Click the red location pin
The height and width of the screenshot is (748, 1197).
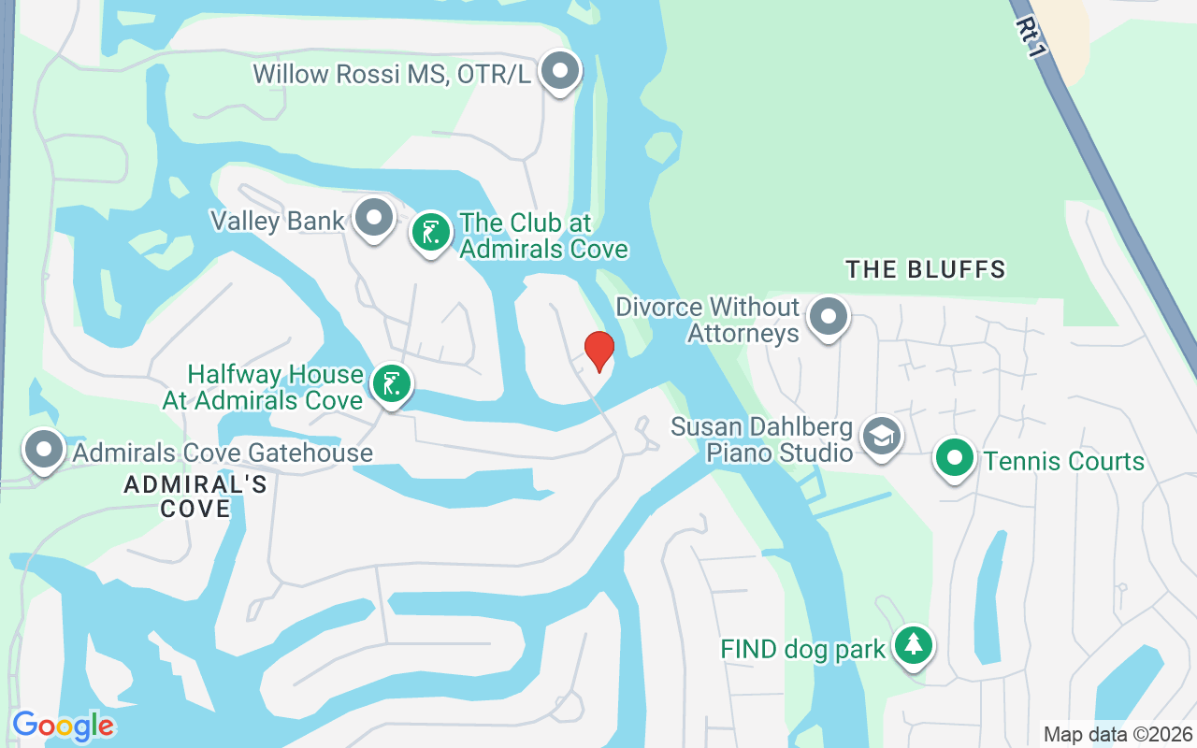pyautogui.click(x=598, y=351)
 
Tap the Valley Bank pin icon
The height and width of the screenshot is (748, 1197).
pyautogui.click(x=375, y=218)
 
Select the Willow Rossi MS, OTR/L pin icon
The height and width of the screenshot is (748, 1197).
pyautogui.click(x=561, y=71)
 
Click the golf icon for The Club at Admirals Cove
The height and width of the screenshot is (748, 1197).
pyautogui.click(x=431, y=232)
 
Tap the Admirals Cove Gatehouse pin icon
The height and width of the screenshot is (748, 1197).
pyautogui.click(x=44, y=449)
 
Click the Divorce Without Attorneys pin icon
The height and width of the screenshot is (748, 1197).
pyautogui.click(x=828, y=316)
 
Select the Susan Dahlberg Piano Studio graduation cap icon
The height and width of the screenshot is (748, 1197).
pyautogui.click(x=881, y=436)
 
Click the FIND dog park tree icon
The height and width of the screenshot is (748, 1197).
pyautogui.click(x=913, y=645)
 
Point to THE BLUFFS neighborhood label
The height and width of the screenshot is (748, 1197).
pyautogui.click(x=925, y=270)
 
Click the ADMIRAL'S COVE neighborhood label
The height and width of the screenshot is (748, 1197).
pyautogui.click(x=195, y=496)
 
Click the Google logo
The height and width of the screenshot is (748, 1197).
pyautogui.click(x=63, y=725)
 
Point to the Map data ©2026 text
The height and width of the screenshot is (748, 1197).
pyautogui.click(x=1118, y=734)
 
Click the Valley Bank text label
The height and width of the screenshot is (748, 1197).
pyautogui.click(x=278, y=222)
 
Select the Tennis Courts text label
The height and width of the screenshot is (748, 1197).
pyautogui.click(x=1064, y=461)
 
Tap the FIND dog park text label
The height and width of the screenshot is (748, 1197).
pyautogui.click(x=802, y=649)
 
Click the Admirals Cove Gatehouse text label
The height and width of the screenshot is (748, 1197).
pyautogui.click(x=223, y=453)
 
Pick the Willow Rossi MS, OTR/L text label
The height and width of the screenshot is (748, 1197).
pyautogui.click(x=393, y=74)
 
